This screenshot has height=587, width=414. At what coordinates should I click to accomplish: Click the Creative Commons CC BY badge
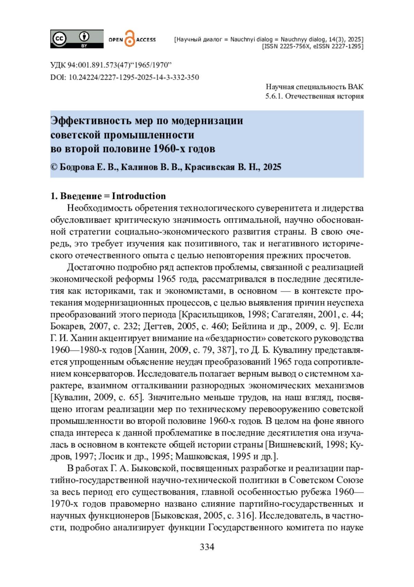point(77,39)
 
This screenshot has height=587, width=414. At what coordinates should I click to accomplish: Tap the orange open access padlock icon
point(129,39)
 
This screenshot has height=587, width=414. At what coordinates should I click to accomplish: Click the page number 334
point(207,547)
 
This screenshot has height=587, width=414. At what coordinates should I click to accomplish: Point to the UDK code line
point(111,65)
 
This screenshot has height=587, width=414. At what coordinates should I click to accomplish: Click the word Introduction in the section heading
point(139,196)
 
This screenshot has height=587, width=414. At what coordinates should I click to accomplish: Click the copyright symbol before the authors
point(54,167)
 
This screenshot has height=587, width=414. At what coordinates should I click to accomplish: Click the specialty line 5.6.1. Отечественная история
point(314,96)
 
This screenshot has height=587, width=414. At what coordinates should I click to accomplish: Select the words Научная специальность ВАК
point(314,87)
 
